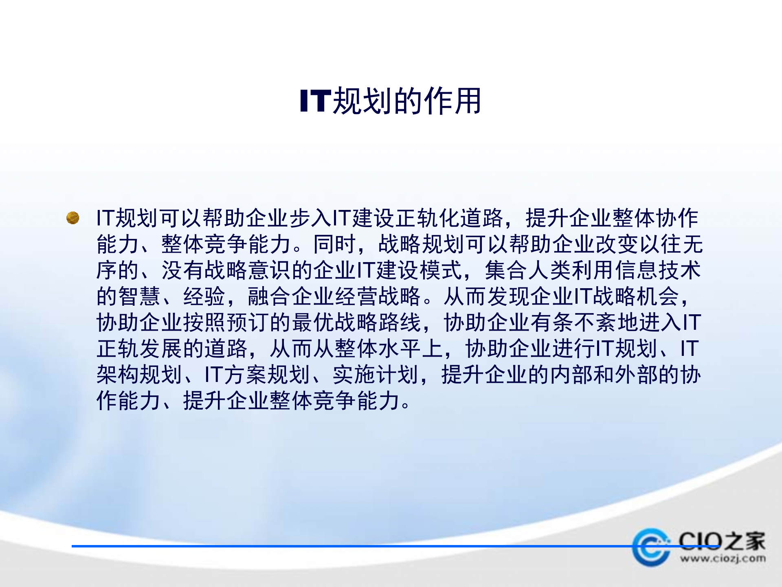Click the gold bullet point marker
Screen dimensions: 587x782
click(73, 218)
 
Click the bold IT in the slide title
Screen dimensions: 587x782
click(315, 101)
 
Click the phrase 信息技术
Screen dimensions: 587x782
click(657, 270)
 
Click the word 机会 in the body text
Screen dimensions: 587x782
click(658, 296)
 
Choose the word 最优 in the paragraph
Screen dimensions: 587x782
click(313, 322)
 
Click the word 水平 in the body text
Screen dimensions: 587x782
click(399, 349)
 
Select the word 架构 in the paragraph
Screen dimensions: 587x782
click(118, 375)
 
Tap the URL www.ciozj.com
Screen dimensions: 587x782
click(723, 559)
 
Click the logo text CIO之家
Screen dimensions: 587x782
click(722, 541)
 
